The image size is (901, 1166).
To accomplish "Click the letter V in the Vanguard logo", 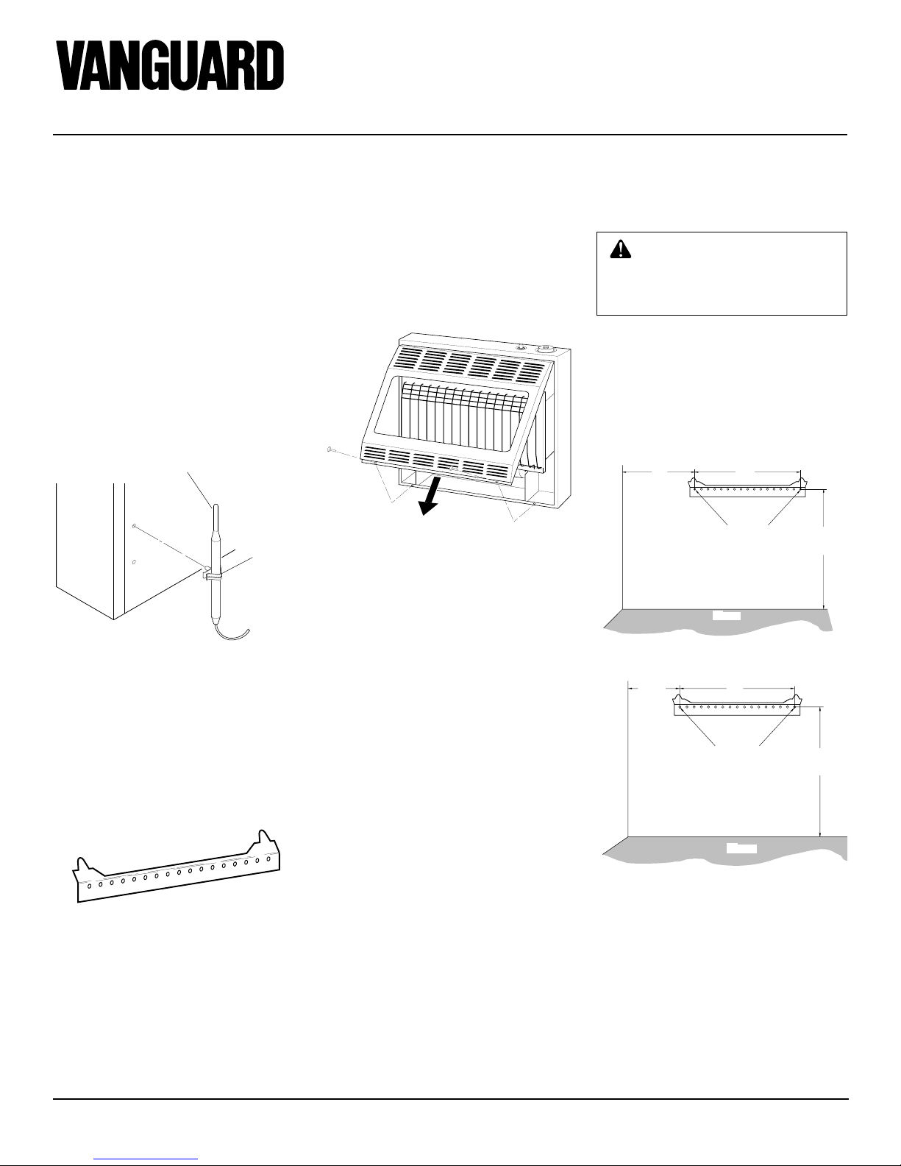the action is coord(72,65).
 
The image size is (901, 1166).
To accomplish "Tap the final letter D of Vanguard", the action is coord(270,65).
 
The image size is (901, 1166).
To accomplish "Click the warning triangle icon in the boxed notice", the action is coord(620,249).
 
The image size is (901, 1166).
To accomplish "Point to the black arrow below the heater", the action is coord(431,495).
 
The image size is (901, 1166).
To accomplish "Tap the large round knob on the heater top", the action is coord(546,348).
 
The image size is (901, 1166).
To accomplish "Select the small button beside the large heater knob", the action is coord(521,348).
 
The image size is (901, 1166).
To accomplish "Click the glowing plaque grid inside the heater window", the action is coord(463,416).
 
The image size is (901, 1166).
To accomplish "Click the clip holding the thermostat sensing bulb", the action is coord(212,575).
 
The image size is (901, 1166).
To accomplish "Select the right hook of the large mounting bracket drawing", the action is coord(264,837).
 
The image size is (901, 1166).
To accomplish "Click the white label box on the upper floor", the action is coord(727,616).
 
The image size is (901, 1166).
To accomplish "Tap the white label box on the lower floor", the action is coord(741,848).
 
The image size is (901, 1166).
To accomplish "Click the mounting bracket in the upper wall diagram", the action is coord(747,487).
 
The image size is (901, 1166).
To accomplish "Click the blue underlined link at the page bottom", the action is coord(146,1157).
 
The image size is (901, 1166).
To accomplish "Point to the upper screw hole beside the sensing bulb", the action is coord(134,527).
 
